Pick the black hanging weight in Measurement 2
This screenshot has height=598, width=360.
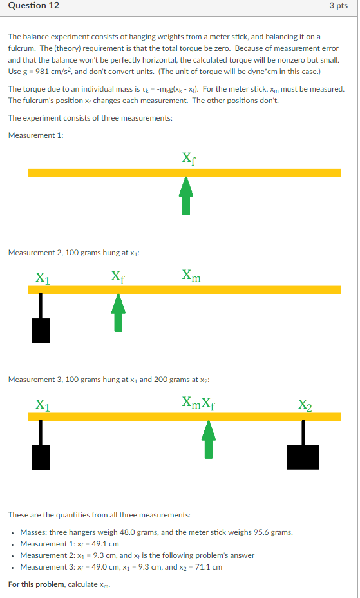[41, 329]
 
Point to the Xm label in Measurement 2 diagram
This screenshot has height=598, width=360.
[191, 276]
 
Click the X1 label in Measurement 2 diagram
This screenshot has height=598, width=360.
[42, 278]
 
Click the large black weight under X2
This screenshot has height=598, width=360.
[303, 456]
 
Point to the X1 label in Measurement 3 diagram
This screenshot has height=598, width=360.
[42, 405]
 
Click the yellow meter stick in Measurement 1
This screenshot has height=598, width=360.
[184, 173]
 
